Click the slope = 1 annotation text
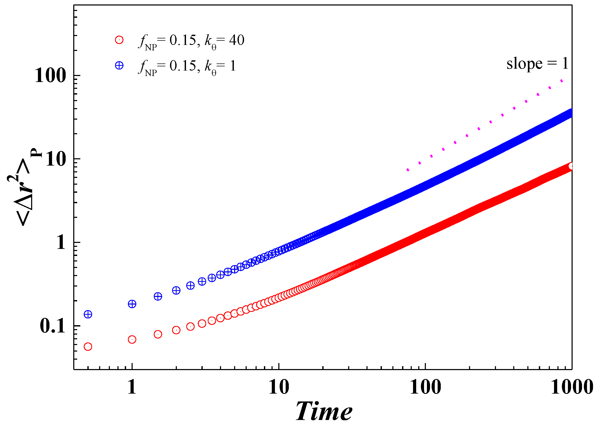(537, 64)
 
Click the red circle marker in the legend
(119, 40)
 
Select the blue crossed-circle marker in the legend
(119, 65)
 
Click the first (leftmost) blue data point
(88, 314)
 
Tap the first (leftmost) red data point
(88, 347)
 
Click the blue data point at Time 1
(132, 304)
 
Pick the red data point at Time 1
(132, 340)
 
